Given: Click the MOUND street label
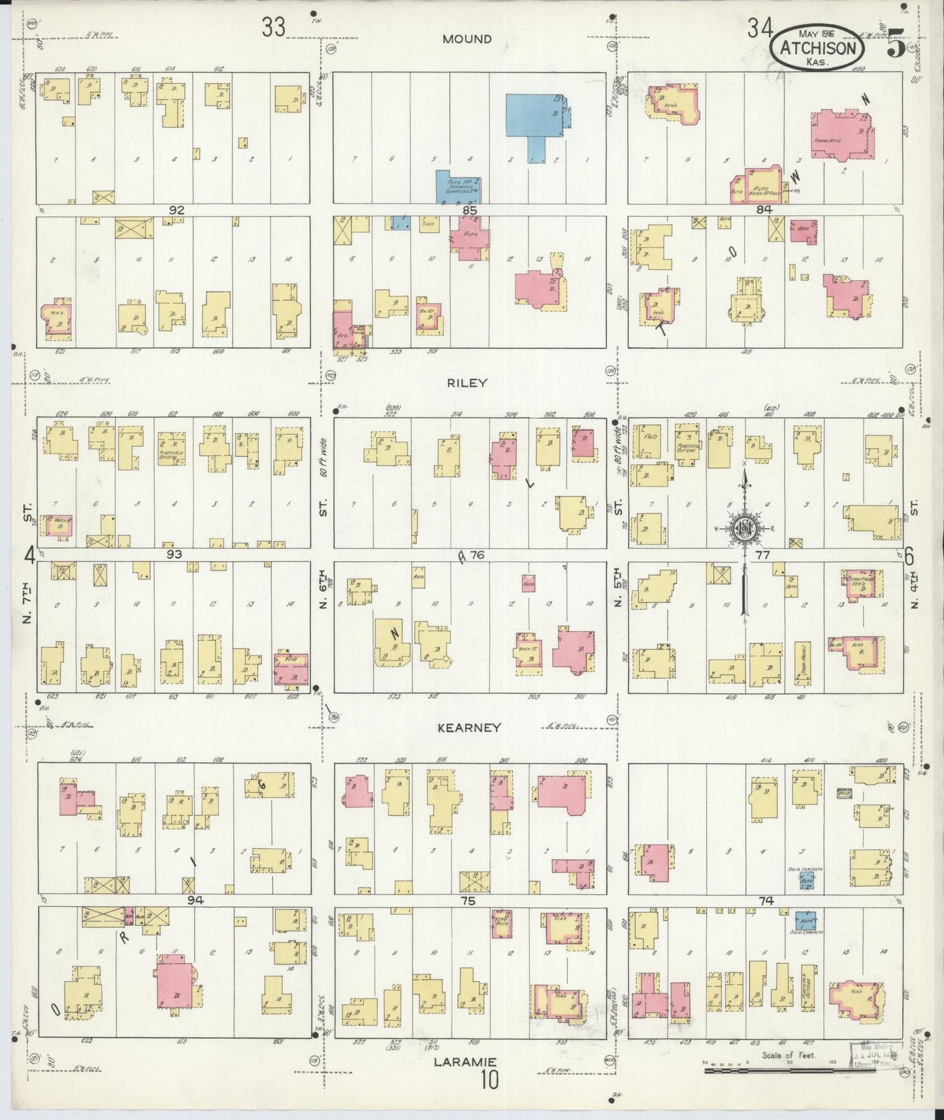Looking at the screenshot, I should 466,39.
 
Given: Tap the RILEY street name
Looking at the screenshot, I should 467,383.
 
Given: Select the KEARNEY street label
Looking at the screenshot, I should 470,727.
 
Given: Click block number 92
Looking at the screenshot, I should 176,210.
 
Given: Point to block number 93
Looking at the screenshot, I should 174,555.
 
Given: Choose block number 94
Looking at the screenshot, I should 194,900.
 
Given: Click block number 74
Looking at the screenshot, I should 766,900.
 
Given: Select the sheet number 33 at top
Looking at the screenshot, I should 274,28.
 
